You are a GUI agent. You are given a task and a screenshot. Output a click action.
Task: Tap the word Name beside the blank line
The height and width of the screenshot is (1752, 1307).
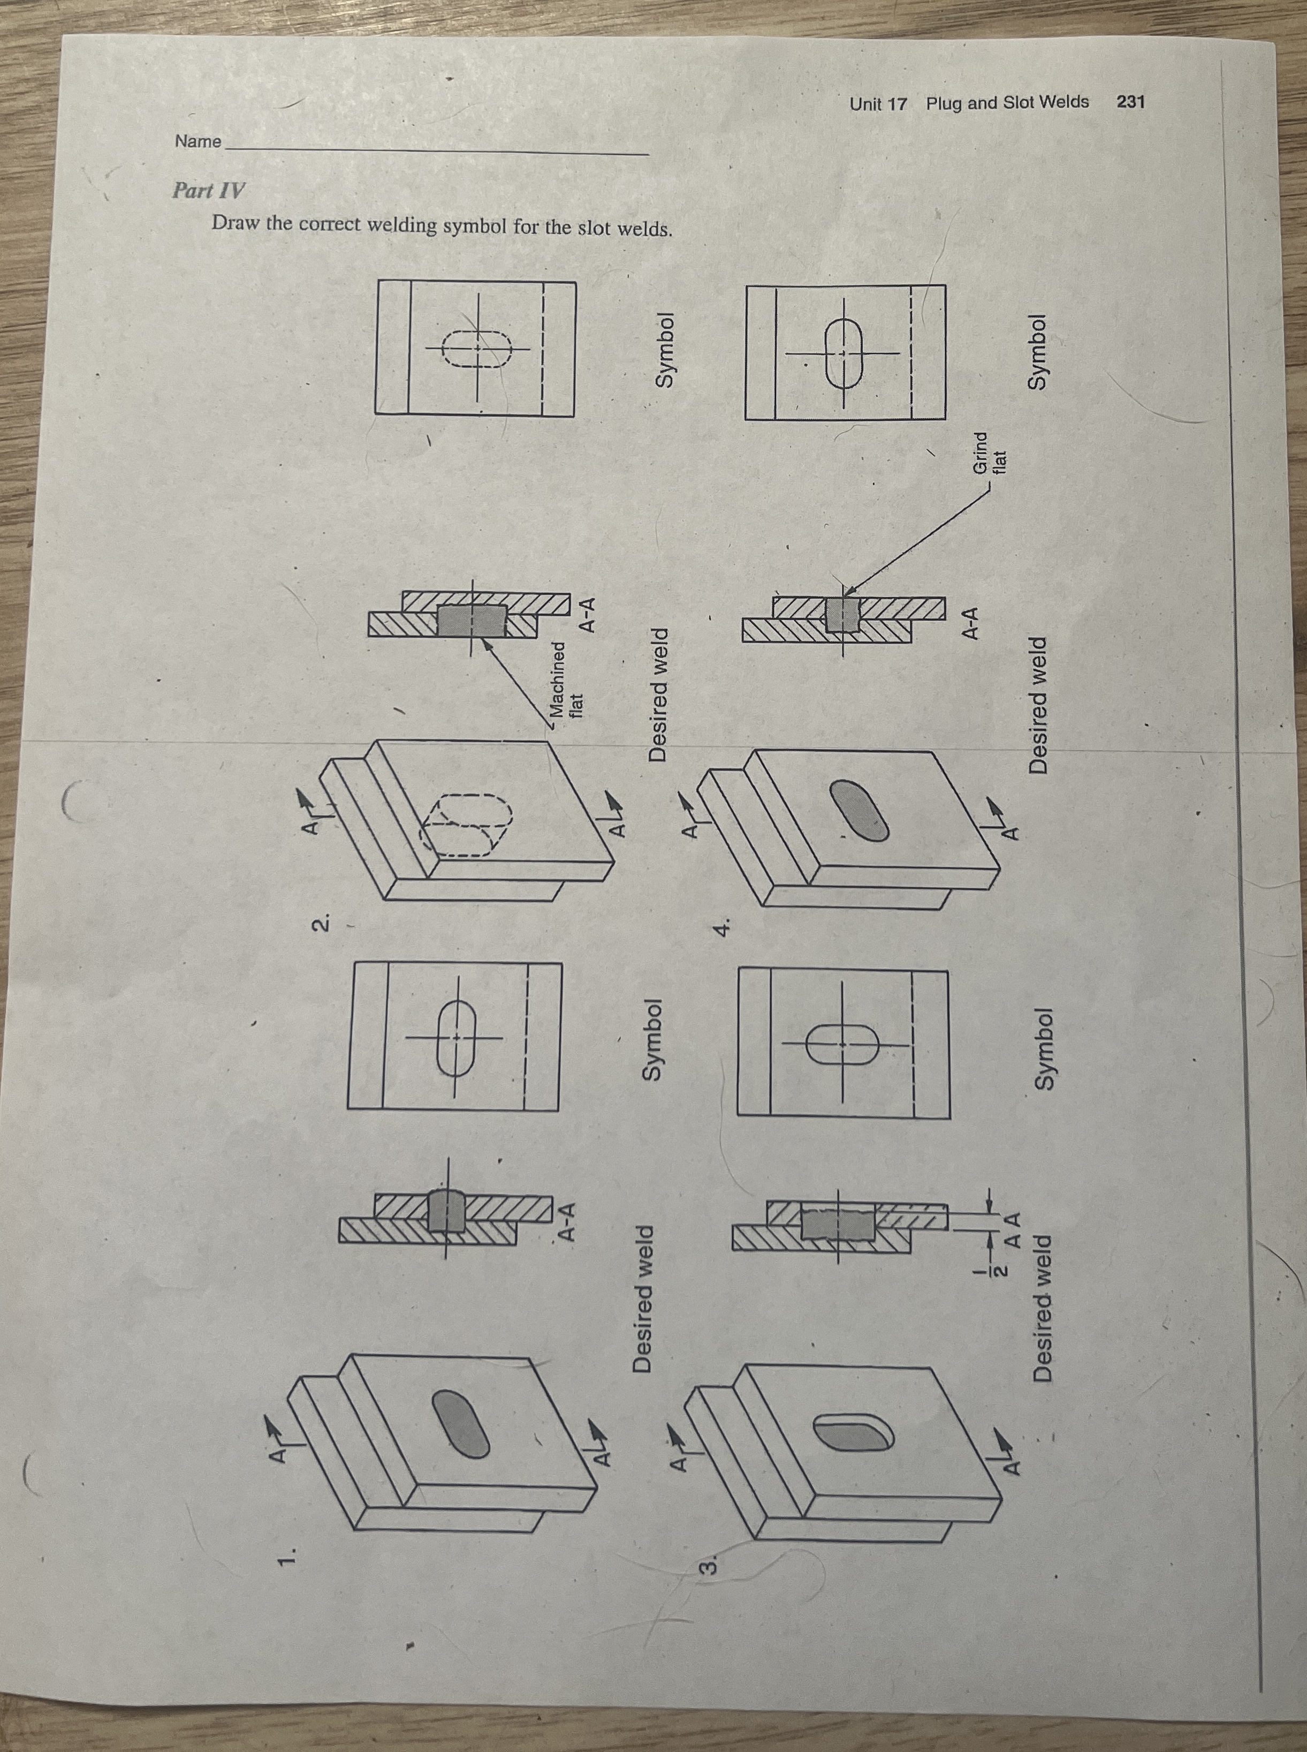[198, 142]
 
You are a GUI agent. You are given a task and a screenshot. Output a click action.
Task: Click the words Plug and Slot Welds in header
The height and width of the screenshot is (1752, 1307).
[1007, 102]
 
